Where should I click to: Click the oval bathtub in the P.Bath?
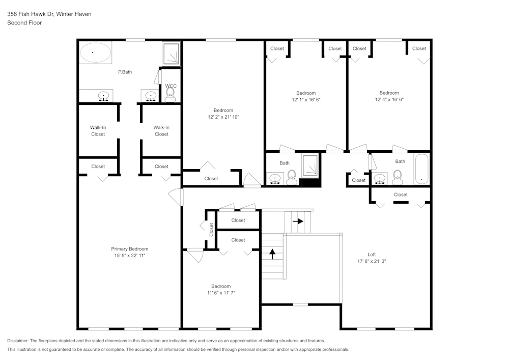tap(95, 52)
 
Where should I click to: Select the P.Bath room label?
tap(125, 72)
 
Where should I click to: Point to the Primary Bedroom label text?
tap(129, 248)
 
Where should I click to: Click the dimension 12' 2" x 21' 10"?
tap(223, 117)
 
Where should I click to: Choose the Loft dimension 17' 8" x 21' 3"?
tap(372, 261)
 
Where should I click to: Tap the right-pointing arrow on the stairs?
tap(298, 221)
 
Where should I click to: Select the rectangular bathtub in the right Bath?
tap(421, 170)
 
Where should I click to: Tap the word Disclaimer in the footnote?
tap(18, 341)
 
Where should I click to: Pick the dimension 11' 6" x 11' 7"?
tap(221, 293)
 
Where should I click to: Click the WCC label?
tap(171, 86)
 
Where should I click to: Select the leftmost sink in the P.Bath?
tap(104, 95)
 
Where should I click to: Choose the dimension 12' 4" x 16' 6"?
tap(389, 100)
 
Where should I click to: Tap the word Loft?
tap(372, 255)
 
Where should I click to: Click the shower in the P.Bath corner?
tap(171, 53)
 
